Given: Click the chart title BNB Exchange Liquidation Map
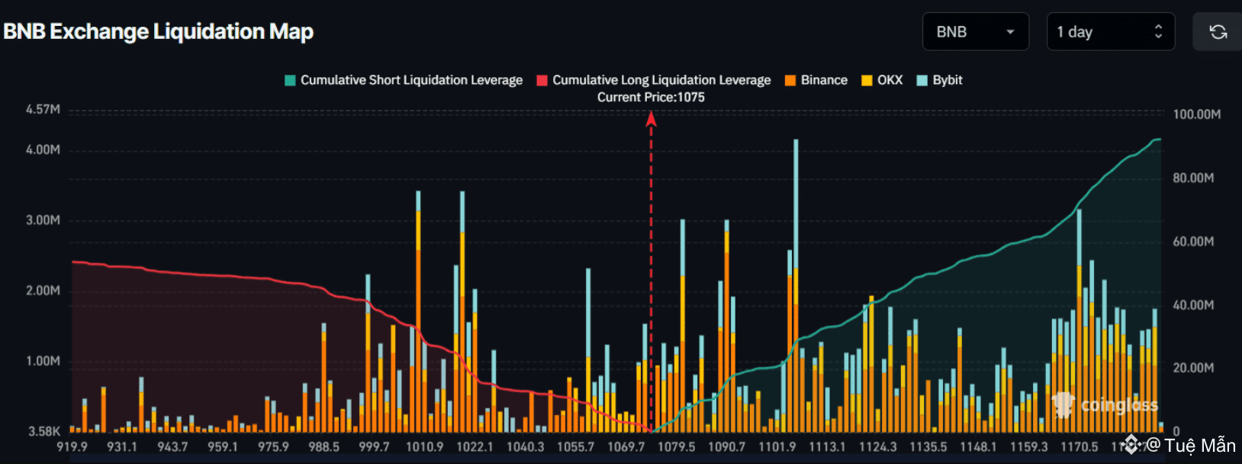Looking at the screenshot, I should click(x=159, y=32).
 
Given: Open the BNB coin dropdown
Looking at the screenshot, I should click(x=975, y=32).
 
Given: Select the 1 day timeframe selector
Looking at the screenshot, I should click(x=1110, y=32).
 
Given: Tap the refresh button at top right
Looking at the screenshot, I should click(x=1218, y=32).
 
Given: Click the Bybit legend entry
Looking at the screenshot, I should click(x=940, y=80).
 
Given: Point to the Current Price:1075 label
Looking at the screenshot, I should click(x=651, y=97).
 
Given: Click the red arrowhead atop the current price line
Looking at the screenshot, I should click(x=651, y=118).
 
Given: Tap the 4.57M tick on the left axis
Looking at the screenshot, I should click(x=43, y=109).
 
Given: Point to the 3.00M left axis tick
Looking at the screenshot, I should click(x=43, y=220).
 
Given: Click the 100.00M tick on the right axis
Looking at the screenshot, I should click(x=1196, y=114).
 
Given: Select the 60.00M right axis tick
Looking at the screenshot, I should click(x=1193, y=241).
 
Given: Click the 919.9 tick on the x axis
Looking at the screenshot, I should click(x=72, y=446).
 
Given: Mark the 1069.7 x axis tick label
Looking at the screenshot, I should click(x=626, y=446).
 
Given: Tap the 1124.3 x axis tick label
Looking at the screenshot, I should click(x=877, y=446).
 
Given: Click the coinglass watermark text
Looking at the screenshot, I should click(x=1118, y=405).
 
